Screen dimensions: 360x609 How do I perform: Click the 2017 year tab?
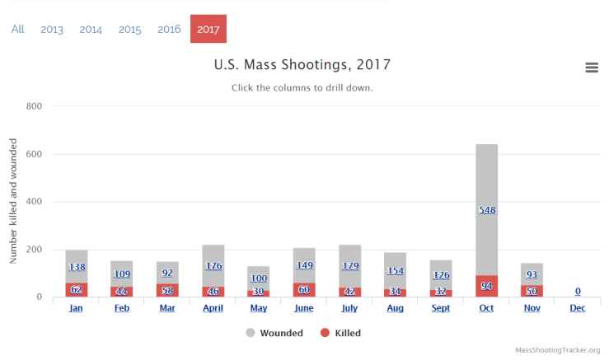point(208,29)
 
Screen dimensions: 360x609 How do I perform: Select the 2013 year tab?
point(52,29)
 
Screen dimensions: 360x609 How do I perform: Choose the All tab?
point(17,29)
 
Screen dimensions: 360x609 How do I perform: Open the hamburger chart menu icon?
point(592,68)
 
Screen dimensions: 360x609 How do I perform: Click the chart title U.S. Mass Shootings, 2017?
point(302,64)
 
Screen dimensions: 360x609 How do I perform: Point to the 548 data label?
point(486,210)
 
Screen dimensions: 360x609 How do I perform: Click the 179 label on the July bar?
point(349,265)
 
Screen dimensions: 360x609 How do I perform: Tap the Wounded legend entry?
point(274,333)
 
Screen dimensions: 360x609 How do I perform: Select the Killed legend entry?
point(340,333)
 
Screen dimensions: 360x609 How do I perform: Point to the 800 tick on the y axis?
point(34,106)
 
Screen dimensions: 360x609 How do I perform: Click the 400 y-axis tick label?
point(34,202)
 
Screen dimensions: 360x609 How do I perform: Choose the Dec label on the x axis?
point(577,308)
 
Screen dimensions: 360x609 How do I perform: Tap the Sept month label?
point(441,308)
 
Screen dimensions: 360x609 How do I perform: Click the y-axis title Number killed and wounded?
point(14,201)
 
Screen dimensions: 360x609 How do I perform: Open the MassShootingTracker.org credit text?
point(557,350)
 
